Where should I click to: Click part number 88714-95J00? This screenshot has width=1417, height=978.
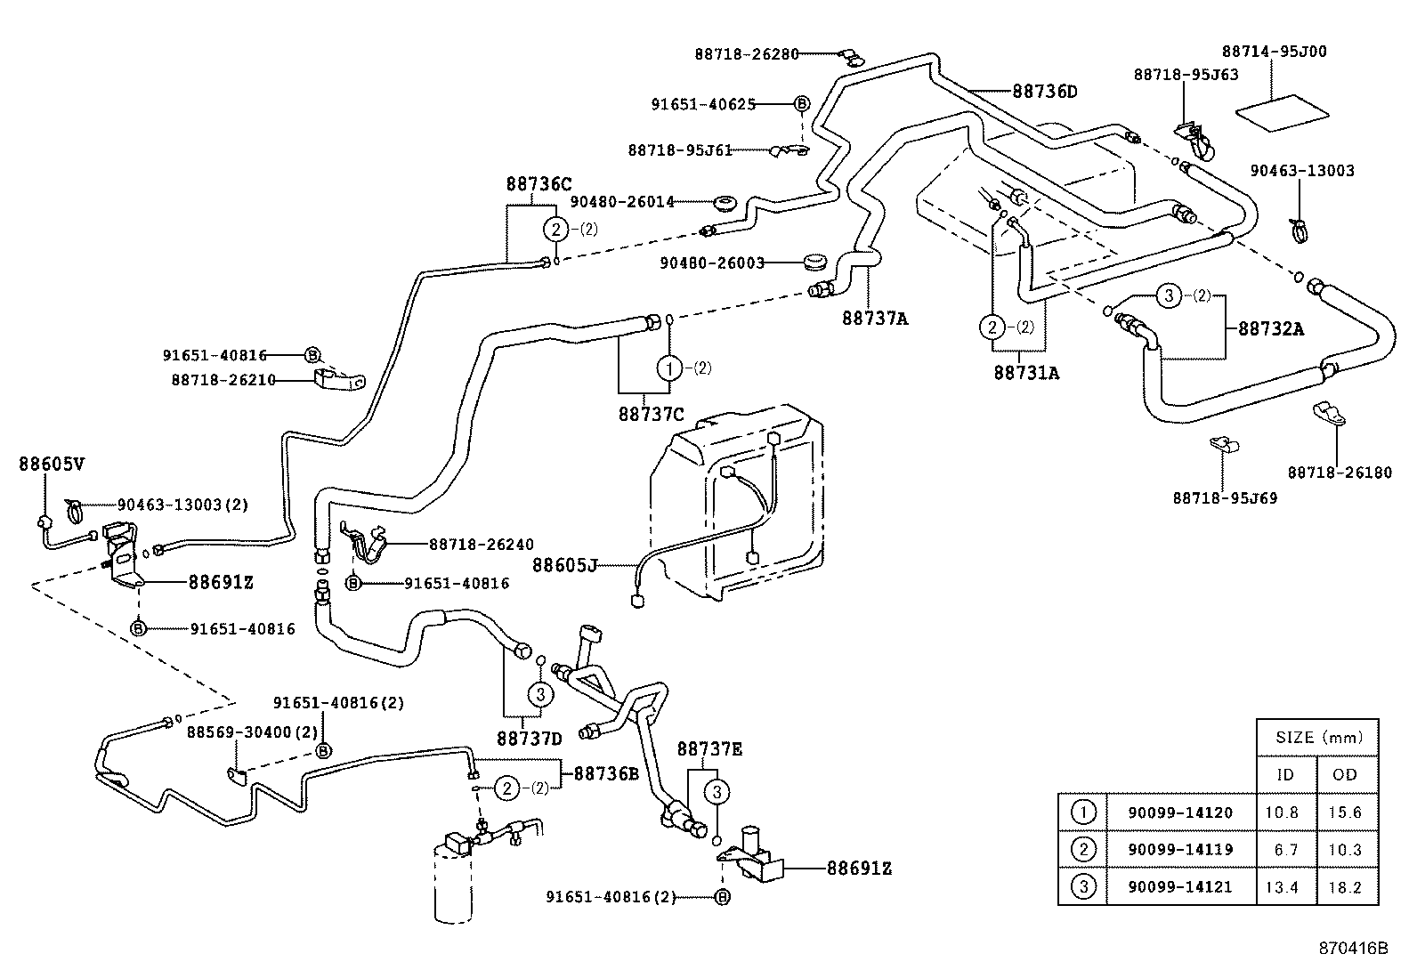tap(1274, 53)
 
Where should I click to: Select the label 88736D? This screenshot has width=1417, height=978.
tap(1044, 91)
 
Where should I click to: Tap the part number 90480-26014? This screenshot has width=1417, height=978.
tap(622, 202)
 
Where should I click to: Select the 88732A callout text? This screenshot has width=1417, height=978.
tap(1271, 328)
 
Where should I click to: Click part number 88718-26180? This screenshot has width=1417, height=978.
tap(1339, 473)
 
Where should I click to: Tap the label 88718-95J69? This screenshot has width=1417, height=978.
tap(1225, 498)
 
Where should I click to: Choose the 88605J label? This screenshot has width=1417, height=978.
tap(565, 564)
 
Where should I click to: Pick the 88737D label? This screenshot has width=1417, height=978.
tap(530, 738)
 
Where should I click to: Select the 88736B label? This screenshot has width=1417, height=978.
tap(606, 773)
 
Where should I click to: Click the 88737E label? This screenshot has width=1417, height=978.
tap(709, 749)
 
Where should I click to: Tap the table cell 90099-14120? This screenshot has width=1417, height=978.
tap(1181, 812)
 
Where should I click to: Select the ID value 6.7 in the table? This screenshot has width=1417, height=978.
tap(1285, 850)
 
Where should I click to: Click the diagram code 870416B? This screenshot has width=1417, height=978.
tap(1353, 948)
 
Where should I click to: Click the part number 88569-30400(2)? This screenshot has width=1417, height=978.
tap(239, 731)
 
